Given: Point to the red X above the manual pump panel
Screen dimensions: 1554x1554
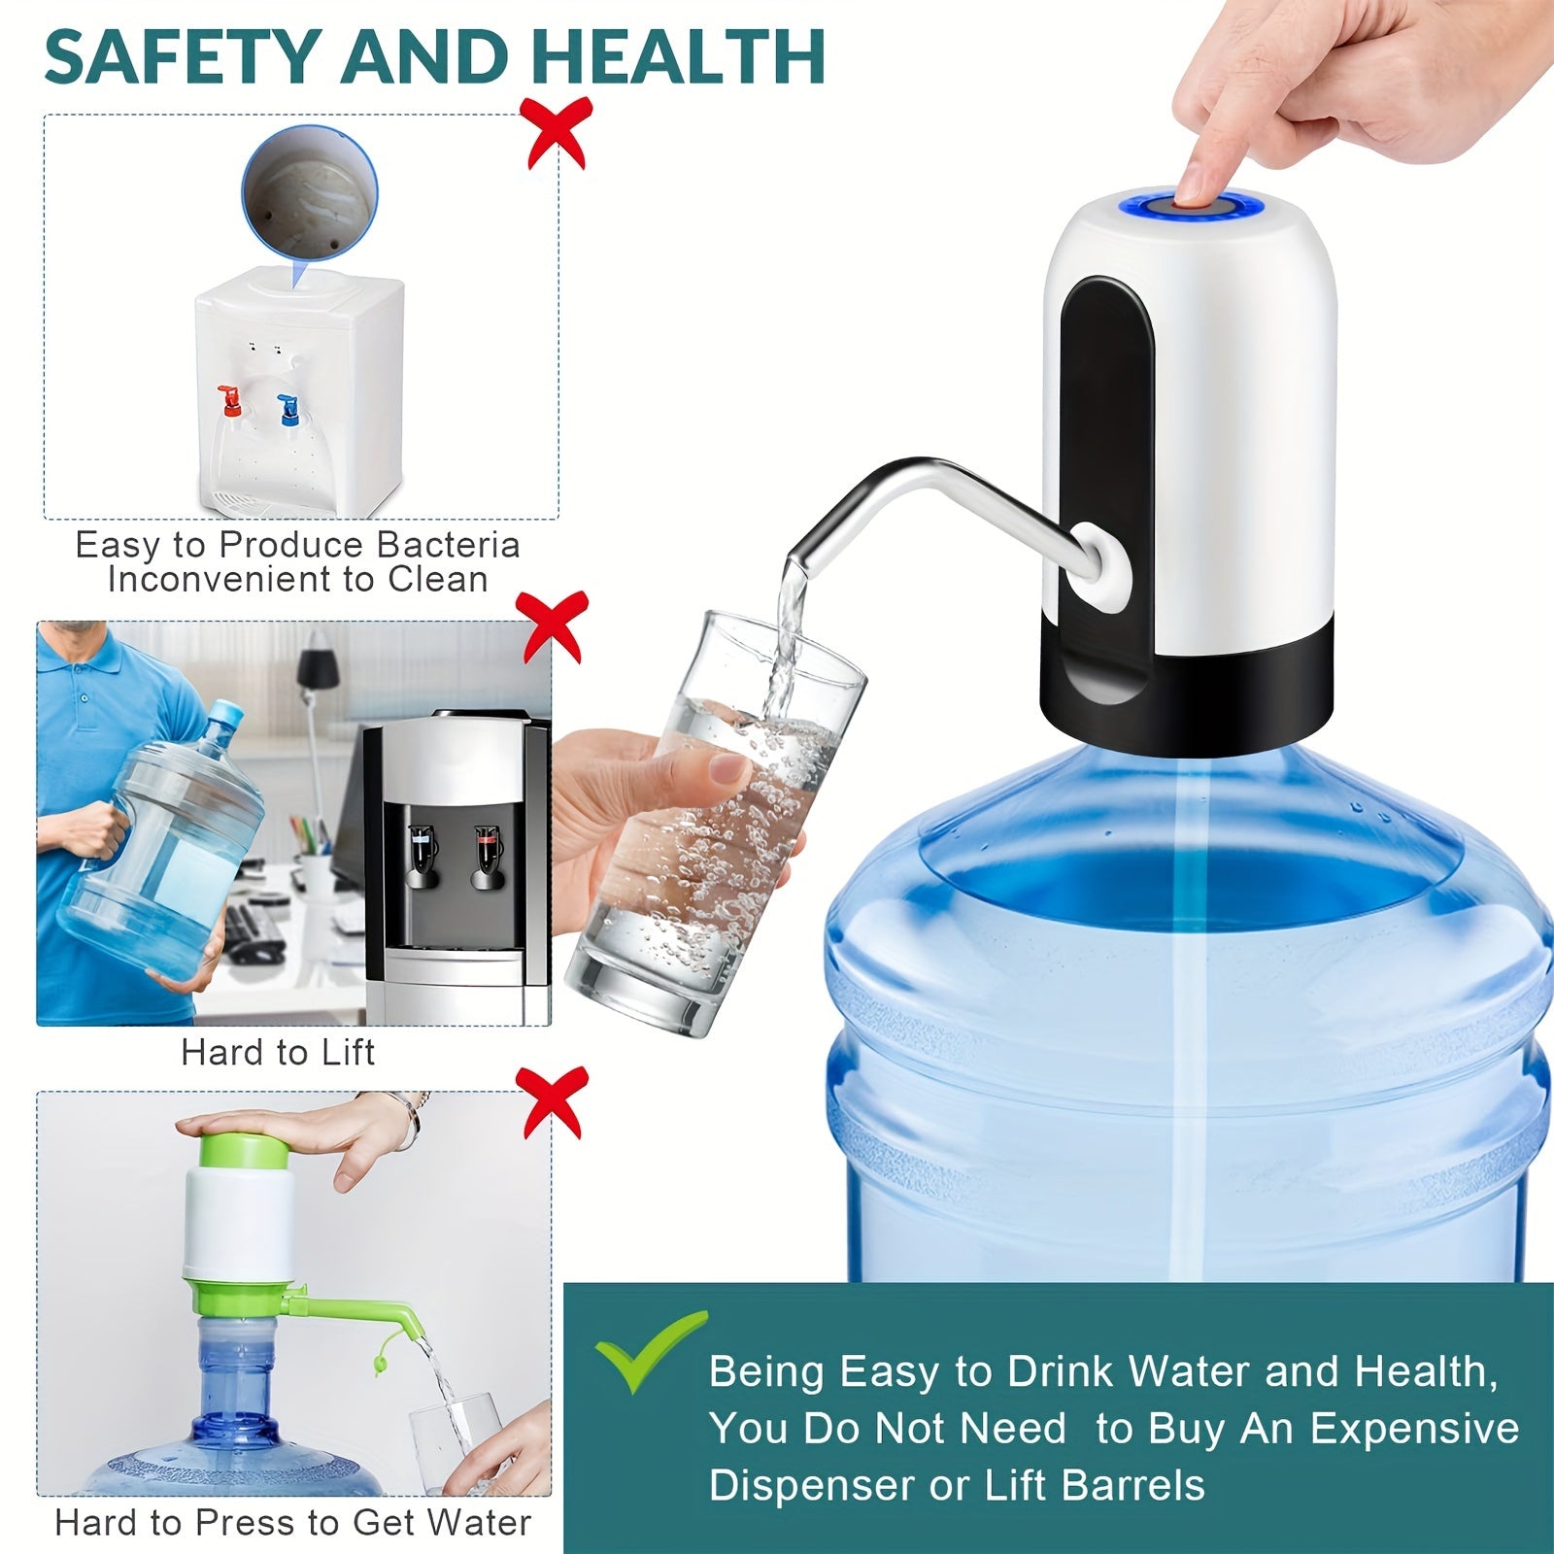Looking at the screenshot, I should pyautogui.click(x=553, y=1101).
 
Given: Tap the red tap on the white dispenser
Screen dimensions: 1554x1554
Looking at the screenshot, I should pyautogui.click(x=230, y=399).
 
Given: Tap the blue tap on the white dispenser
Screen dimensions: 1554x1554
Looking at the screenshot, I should pyautogui.click(x=287, y=407).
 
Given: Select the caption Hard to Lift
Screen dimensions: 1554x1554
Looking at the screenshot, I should pyautogui.click(x=278, y=1053).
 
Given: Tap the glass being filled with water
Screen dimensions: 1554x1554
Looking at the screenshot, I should pyautogui.click(x=714, y=826).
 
